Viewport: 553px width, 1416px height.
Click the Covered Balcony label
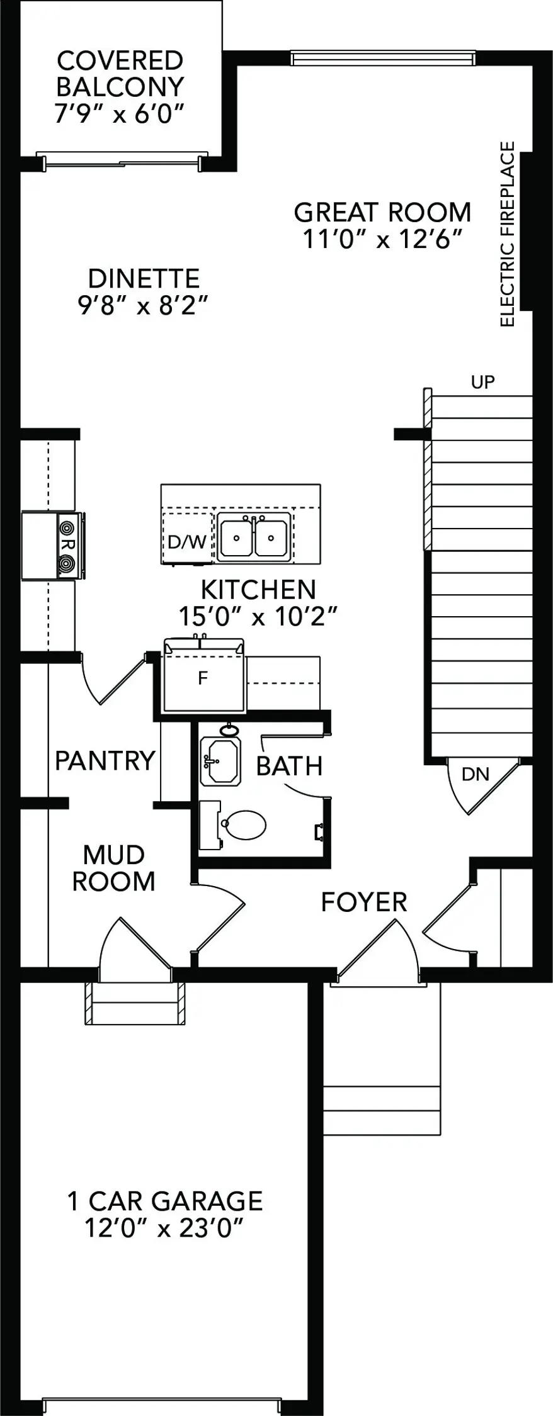click(120, 74)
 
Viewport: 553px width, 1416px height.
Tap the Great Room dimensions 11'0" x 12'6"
click(383, 240)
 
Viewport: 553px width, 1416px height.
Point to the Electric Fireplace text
click(507, 234)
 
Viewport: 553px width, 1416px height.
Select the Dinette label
click(144, 278)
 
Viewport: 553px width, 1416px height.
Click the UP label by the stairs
click(482, 381)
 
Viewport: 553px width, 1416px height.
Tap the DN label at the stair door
click(476, 773)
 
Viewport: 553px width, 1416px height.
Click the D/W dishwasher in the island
click(187, 541)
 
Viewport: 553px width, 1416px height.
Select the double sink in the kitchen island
click(254, 537)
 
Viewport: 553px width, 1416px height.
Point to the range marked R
click(53, 546)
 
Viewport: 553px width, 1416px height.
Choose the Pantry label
click(105, 760)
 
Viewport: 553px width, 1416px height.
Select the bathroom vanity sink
click(220, 761)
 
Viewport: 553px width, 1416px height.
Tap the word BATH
click(289, 766)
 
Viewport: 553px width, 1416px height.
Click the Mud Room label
click(113, 868)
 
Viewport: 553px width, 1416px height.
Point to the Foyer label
click(364, 902)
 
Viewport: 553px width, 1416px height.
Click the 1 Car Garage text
click(165, 1200)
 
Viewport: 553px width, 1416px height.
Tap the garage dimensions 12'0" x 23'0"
click(164, 1227)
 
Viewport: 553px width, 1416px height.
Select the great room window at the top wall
click(382, 58)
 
